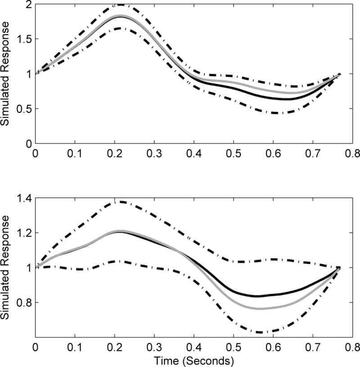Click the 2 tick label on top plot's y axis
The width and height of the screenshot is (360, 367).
[x=28, y=5]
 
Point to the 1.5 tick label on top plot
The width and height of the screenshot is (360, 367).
[x=23, y=39]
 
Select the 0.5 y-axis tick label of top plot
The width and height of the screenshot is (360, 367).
[x=23, y=109]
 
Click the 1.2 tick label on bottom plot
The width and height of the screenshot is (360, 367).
[x=23, y=233]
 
